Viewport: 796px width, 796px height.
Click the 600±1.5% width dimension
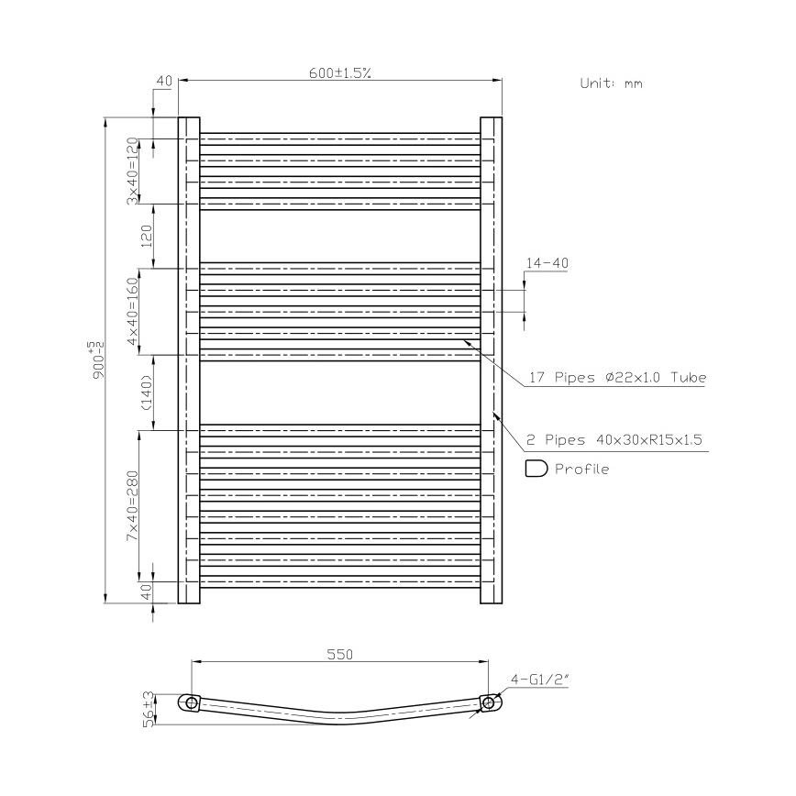(339, 74)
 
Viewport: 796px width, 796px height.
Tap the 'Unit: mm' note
(611, 83)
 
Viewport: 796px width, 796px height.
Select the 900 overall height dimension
(96, 359)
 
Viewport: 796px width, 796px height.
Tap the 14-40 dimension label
(547, 263)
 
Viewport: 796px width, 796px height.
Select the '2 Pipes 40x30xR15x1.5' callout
(614, 440)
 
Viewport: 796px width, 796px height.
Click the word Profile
(581, 470)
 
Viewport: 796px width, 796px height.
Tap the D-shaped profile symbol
(536, 470)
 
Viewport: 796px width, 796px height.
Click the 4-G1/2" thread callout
(540, 680)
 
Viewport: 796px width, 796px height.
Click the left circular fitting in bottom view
(191, 703)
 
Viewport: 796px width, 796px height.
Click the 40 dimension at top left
(164, 82)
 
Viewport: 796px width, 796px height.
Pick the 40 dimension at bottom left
(145, 592)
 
